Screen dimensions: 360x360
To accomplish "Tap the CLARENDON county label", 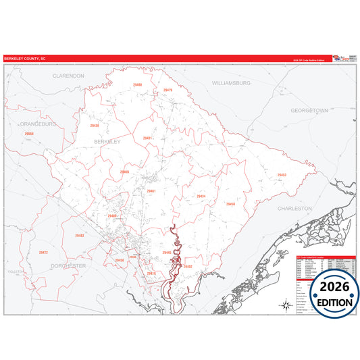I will (68, 76).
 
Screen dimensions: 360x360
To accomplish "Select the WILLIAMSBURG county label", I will (231, 82).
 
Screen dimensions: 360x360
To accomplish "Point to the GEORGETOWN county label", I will (309, 109).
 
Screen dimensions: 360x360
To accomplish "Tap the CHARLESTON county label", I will (294, 209).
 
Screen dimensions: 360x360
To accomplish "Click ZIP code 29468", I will (138, 85).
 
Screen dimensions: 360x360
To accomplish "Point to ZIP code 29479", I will (168, 90).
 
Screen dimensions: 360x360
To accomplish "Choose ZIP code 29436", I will (94, 126).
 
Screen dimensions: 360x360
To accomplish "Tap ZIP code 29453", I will (282, 175).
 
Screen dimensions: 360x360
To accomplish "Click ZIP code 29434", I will (201, 197).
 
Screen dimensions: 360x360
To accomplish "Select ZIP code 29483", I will (80, 236).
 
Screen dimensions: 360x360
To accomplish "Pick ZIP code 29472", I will (43, 252).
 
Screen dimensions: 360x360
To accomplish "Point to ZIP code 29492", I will (188, 267).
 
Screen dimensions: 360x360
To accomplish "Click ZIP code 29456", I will (119, 260).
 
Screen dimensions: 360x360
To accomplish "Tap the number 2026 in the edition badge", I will (336, 287).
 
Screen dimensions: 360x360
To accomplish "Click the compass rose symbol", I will (282, 305).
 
